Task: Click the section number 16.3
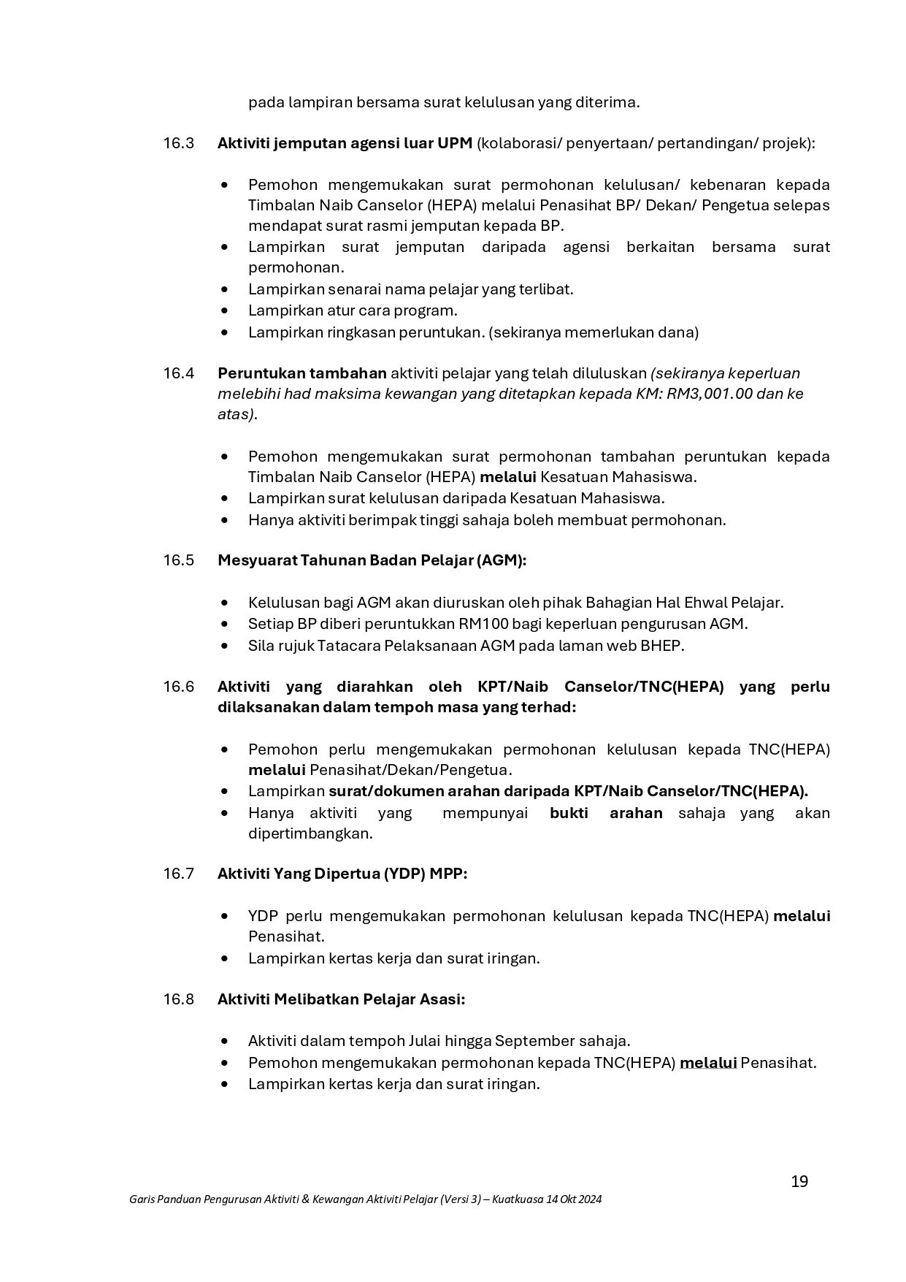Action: click(178, 143)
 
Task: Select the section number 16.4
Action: click(178, 373)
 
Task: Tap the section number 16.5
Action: click(178, 560)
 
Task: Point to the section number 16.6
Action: click(178, 687)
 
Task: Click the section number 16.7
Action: click(178, 874)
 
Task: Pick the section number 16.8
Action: click(178, 999)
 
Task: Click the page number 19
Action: click(799, 1181)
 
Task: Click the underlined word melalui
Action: click(707, 1063)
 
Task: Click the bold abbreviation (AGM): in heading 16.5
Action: click(501, 560)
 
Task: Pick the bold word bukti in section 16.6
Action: click(569, 813)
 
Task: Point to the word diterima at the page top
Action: click(607, 102)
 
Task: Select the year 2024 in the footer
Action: click(588, 1199)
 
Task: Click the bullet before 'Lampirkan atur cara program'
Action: click(225, 311)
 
